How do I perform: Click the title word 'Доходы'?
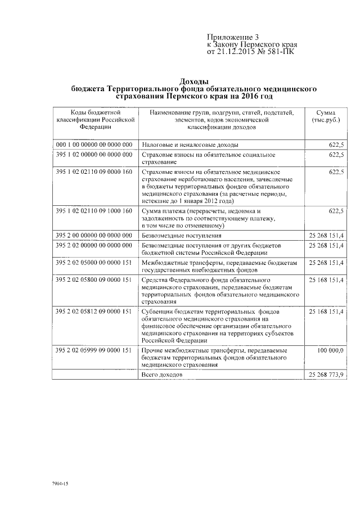point(194,82)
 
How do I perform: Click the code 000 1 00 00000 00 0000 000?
point(94,145)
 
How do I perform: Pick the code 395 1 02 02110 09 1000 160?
point(94,211)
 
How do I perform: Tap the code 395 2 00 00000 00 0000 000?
point(94,235)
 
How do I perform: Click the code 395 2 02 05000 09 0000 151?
point(94,262)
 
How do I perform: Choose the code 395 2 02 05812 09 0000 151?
point(94,311)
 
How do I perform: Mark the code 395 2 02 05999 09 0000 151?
point(94,350)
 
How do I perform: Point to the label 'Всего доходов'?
point(163,374)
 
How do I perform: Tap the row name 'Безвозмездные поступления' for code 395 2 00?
point(182,235)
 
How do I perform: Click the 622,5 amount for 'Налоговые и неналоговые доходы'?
point(336,145)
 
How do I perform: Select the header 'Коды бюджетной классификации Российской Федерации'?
point(94,119)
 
